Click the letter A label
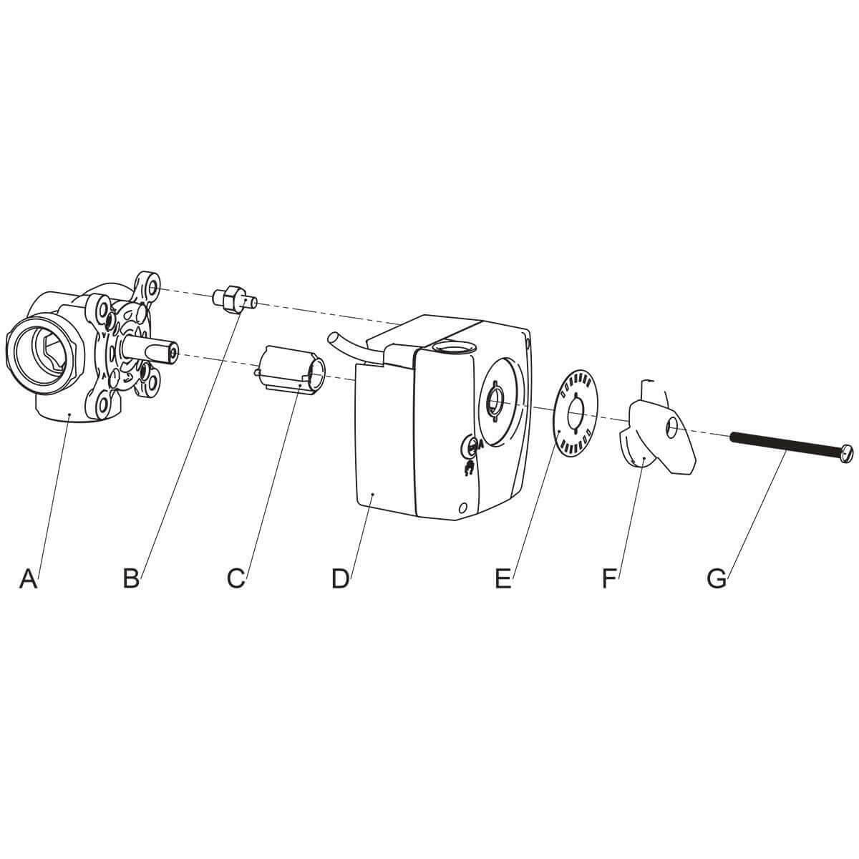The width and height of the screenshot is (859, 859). pos(28,578)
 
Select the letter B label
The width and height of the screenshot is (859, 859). pos(130,578)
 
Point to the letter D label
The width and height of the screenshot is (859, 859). pos(340,578)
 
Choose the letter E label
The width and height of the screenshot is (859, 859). pos(503,578)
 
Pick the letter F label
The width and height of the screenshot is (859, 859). pos(609,578)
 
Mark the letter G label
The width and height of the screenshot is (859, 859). pos(716,578)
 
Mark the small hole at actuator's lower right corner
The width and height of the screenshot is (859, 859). pos(464,507)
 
